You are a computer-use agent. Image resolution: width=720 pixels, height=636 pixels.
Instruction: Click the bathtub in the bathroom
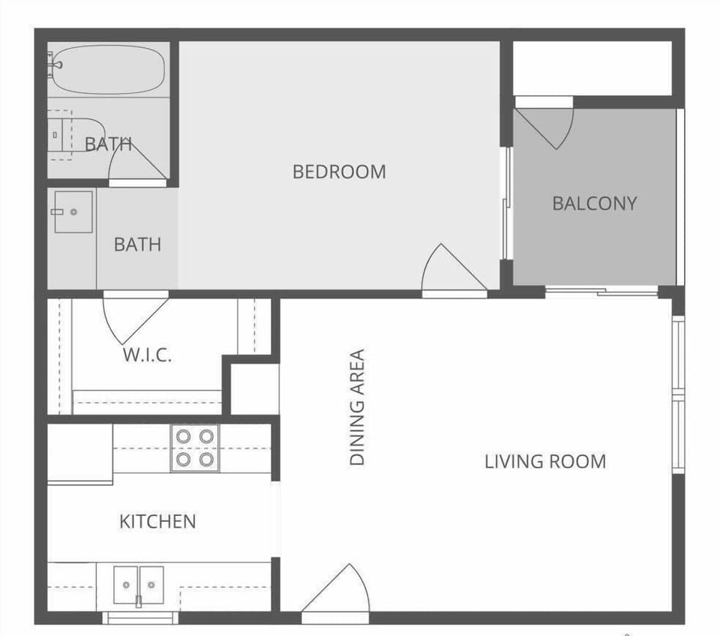point(108,70)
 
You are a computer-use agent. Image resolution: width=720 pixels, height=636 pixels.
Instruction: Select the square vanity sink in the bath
point(73,211)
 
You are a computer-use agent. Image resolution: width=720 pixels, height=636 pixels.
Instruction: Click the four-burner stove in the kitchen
point(194,448)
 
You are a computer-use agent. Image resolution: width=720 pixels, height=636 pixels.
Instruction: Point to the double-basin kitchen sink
point(139,584)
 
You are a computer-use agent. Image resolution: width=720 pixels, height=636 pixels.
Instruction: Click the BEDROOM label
point(339,172)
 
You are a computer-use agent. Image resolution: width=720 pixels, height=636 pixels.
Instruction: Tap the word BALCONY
point(594,203)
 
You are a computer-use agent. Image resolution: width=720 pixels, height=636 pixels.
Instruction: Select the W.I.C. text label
point(147,355)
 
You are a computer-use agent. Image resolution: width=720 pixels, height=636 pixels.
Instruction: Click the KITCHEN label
point(157,521)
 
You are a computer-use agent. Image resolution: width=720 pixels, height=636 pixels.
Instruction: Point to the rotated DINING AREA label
point(358,407)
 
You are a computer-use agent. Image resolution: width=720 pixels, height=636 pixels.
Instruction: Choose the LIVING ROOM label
point(544,461)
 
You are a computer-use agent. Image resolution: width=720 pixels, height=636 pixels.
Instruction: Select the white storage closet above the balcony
point(592,67)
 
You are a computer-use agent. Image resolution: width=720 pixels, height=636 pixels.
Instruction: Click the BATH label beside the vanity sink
point(137,244)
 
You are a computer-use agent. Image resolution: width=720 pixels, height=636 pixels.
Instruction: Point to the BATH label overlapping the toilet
point(109,144)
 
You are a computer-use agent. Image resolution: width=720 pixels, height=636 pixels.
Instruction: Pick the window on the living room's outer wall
point(678,394)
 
